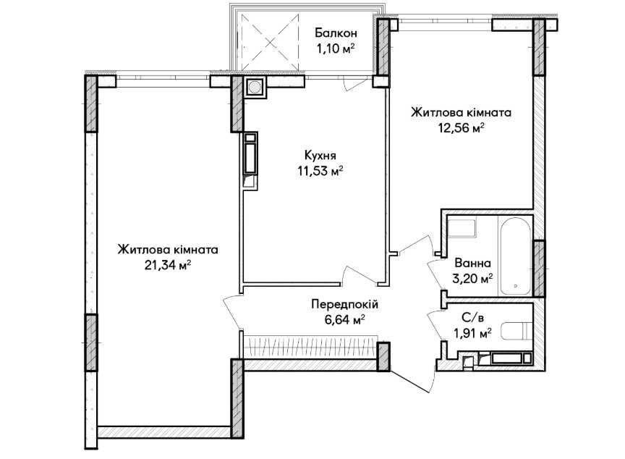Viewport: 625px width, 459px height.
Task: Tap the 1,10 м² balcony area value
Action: click(x=335, y=49)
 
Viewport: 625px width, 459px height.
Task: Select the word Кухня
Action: click(x=320, y=155)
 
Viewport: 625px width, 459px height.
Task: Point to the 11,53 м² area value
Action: click(x=320, y=171)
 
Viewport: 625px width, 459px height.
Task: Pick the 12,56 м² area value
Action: click(x=462, y=128)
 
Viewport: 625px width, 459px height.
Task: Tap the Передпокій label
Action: click(x=344, y=305)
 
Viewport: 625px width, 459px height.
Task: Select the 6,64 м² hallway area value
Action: click(x=345, y=320)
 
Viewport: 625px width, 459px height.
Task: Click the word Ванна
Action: click(x=472, y=264)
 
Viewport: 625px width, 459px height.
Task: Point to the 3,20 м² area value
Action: click(x=472, y=278)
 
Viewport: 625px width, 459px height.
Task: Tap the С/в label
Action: click(x=472, y=318)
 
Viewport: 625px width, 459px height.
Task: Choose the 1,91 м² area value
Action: click(x=472, y=333)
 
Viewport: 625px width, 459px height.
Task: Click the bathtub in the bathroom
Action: click(x=515, y=256)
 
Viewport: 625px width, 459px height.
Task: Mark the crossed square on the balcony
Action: click(x=270, y=41)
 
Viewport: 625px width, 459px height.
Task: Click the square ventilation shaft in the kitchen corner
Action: click(x=254, y=86)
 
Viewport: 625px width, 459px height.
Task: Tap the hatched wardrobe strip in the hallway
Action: click(x=310, y=347)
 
